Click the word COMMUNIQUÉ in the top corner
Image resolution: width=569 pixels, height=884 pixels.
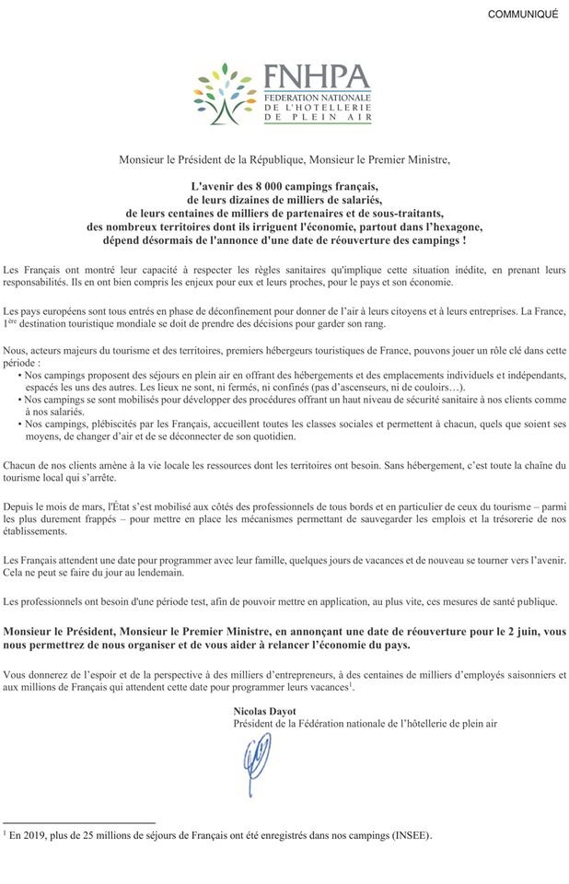522,15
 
